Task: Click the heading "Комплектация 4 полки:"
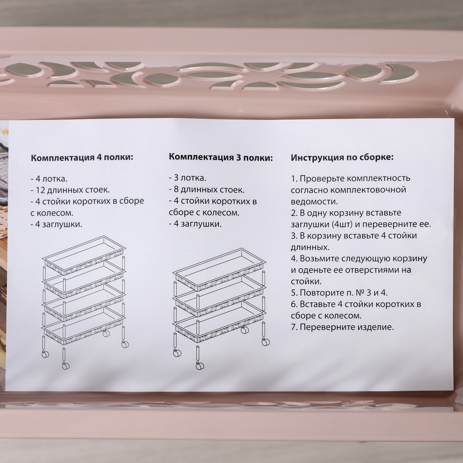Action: [x=82, y=158]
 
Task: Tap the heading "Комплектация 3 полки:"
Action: [x=221, y=157]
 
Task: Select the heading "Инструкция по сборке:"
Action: [x=342, y=158]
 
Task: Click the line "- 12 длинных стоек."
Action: [x=70, y=190]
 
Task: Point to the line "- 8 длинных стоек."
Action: [x=207, y=190]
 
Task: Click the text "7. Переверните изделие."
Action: [x=342, y=327]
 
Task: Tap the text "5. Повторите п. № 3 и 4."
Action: [x=339, y=293]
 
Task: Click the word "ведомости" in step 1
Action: [x=314, y=201]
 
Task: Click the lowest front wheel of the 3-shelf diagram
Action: [x=200, y=366]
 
